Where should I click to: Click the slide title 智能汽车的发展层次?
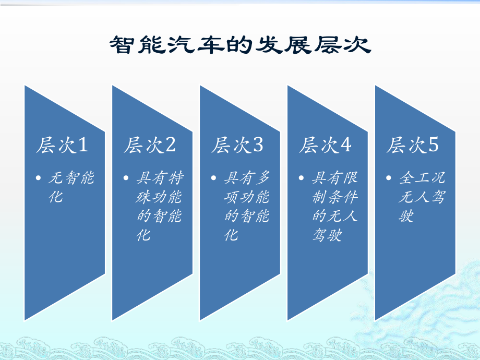coord(240,45)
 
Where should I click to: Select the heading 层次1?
coord(62,146)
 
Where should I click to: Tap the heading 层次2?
coord(149,146)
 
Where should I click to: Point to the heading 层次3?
coord(237,146)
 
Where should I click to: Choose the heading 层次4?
coord(325,146)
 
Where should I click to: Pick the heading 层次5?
coord(412,146)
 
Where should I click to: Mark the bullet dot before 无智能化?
coord(39,179)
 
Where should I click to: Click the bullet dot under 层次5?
coord(390,179)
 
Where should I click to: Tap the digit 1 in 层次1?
coord(82,146)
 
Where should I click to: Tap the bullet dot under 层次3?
coord(214,179)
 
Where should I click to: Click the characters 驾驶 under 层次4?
coord(327,235)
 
